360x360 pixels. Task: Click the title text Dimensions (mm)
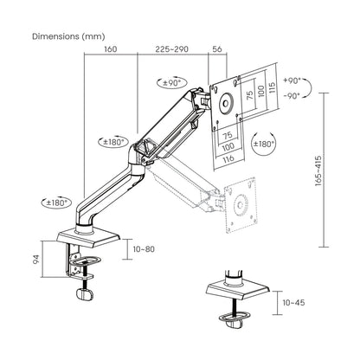point(68,37)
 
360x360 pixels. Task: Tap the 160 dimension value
point(110,49)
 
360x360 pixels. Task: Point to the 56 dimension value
point(217,49)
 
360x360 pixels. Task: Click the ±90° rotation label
point(171,83)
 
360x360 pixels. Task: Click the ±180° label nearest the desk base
point(54,202)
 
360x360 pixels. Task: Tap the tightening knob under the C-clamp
point(84,293)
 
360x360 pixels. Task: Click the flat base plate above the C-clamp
point(92,237)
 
